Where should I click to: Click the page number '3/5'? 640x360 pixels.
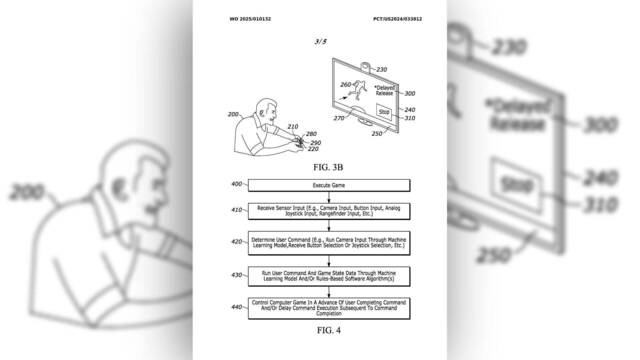coord(319,41)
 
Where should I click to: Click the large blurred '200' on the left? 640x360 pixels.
coord(32,189)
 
